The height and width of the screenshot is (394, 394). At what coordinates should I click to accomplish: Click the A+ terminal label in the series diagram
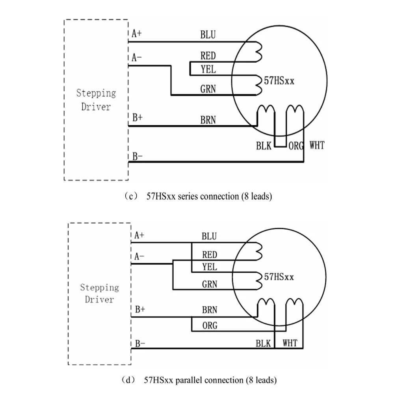point(137,33)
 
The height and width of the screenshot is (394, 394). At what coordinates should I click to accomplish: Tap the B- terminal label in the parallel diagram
point(140,344)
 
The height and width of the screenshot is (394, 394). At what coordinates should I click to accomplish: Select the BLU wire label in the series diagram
point(208,35)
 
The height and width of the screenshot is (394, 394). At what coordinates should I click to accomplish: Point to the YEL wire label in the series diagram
point(208,69)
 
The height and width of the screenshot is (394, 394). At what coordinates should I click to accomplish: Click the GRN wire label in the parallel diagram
point(210,284)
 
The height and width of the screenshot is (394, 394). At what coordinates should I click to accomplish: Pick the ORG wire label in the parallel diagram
point(210,326)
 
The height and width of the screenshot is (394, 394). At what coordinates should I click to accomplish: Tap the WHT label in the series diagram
point(317,145)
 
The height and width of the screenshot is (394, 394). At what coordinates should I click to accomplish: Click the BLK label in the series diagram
point(264,146)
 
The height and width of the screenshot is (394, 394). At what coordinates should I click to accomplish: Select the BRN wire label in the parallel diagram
point(210,310)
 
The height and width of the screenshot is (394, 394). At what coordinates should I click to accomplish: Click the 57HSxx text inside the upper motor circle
point(279,81)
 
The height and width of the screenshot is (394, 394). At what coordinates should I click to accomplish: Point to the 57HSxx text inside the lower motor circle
point(279,277)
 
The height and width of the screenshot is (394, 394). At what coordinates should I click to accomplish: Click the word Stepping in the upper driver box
point(96,93)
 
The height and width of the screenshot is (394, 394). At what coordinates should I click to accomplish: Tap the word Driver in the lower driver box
point(99,299)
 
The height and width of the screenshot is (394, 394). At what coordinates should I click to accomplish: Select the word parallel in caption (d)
point(188,380)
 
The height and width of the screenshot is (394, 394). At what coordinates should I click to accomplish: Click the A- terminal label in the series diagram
point(137,58)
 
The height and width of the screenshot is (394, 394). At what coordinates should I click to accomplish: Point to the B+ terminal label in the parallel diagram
point(140,309)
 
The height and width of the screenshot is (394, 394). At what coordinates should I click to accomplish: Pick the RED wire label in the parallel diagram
point(210,255)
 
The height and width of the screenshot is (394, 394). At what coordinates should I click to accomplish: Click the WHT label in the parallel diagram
point(290,343)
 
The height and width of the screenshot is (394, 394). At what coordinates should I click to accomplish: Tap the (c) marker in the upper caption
point(131,196)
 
